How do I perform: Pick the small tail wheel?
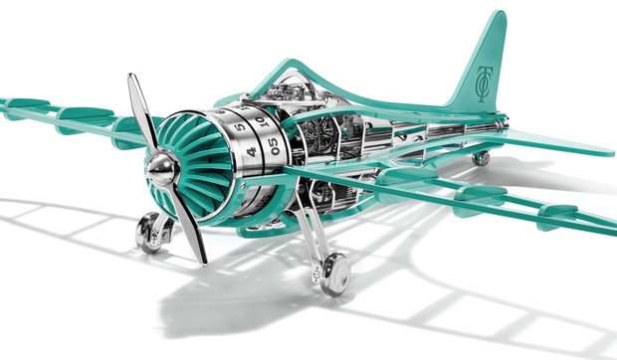[482, 157]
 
